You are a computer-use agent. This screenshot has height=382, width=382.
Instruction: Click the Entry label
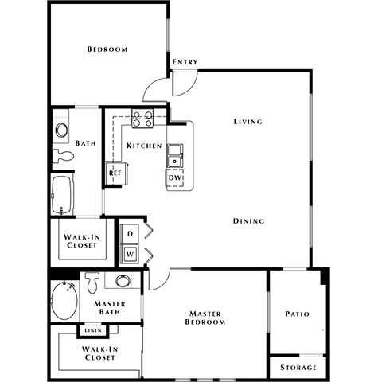click(x=185, y=62)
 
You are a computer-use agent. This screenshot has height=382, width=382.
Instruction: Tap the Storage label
click(x=298, y=368)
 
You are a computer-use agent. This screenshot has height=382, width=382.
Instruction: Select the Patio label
click(x=297, y=314)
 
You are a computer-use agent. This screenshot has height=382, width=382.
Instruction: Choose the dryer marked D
click(x=130, y=233)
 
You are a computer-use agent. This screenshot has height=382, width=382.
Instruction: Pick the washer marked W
click(x=130, y=254)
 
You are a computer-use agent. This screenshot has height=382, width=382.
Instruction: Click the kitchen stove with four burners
click(x=142, y=119)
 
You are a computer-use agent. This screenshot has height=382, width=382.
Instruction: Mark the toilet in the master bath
click(x=92, y=283)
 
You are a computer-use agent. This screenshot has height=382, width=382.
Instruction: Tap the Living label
click(x=248, y=122)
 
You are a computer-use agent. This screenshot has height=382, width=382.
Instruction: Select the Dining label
click(x=248, y=220)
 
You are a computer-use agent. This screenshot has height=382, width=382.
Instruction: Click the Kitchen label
click(x=144, y=146)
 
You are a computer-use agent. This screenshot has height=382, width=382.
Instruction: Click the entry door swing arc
click(x=157, y=86)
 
